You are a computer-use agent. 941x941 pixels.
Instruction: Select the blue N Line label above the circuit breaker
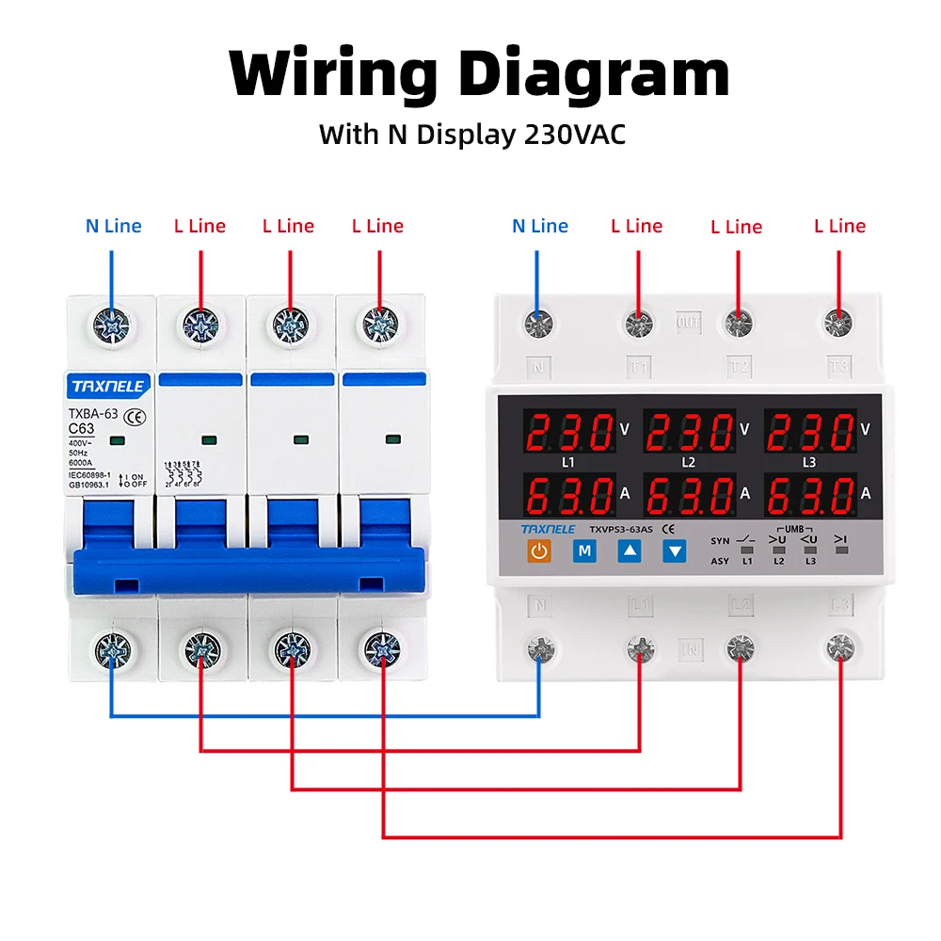click(113, 226)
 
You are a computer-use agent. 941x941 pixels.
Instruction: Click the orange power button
click(538, 551)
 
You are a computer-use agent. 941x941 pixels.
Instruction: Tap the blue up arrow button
click(629, 551)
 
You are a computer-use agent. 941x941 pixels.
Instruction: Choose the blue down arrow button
click(674, 551)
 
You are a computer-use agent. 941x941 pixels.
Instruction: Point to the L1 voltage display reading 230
click(570, 433)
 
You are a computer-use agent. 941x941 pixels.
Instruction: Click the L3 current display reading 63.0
click(810, 493)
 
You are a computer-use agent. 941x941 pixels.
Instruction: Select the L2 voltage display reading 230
click(690, 433)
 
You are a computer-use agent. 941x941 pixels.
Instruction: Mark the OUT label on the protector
click(689, 323)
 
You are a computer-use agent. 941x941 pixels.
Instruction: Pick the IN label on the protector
click(690, 648)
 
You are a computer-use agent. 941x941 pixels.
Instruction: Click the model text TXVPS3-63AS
click(621, 529)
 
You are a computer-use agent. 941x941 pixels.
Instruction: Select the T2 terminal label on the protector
click(739, 365)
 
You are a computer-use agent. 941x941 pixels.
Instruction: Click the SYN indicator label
click(720, 540)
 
